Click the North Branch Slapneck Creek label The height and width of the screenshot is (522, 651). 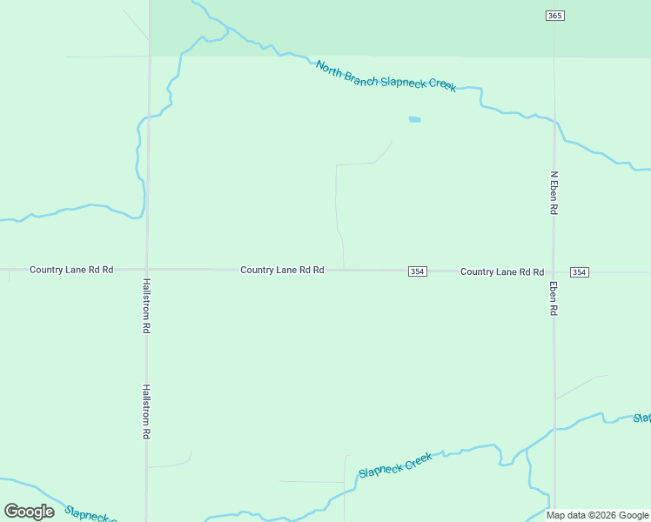pos(386,77)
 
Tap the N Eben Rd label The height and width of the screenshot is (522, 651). pos(553,192)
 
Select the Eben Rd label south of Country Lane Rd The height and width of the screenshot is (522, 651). pos(553,298)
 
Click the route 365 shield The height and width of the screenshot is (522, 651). pos(555,16)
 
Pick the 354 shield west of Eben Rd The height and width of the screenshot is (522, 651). pos(417,271)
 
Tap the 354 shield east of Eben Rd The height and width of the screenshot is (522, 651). pos(580,272)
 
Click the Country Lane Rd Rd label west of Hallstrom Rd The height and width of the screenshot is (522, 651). pos(71,270)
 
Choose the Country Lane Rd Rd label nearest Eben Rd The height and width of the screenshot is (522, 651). pos(502,271)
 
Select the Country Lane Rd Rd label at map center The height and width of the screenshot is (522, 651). pos(282,271)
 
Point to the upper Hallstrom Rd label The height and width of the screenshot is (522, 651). pos(147,306)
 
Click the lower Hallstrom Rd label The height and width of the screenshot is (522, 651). pos(147,412)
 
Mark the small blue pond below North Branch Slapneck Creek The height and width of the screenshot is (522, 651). pos(414,119)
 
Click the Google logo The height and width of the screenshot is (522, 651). pos(29,511)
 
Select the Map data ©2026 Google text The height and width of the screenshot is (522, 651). pos(598,515)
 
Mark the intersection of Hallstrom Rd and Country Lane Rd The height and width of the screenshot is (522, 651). pos(147,270)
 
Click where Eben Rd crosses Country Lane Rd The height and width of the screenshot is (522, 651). pos(554,271)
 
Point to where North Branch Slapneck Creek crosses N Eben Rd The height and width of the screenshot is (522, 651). pos(554,123)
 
